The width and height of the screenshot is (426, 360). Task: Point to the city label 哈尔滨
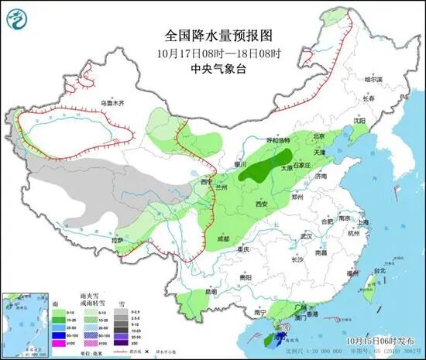coord(373,79)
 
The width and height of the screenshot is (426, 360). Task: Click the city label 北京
coord(317,136)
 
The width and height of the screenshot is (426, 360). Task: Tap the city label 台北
coord(379,271)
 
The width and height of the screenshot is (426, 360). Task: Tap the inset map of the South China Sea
coord(24,322)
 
